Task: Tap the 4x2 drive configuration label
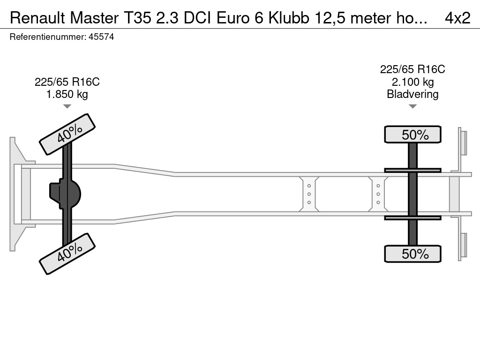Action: tap(457, 18)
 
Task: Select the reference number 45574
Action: tap(101, 37)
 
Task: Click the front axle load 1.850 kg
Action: tap(67, 94)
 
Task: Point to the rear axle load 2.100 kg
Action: tap(412, 82)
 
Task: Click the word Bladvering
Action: tap(412, 94)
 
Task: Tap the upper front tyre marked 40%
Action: tap(67, 134)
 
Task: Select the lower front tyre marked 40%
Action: tap(67, 254)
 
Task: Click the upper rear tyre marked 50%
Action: tap(412, 134)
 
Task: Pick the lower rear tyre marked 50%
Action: tap(412, 254)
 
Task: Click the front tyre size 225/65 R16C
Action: tap(67, 82)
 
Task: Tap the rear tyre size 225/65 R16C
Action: tap(412, 69)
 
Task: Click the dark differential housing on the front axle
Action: tap(65, 194)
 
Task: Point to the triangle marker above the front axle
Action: tap(67, 106)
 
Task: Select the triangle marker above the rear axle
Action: tap(412, 106)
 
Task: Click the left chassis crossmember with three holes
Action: tap(309, 194)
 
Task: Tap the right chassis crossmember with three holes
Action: tap(378, 194)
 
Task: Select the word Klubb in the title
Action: tap(289, 18)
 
